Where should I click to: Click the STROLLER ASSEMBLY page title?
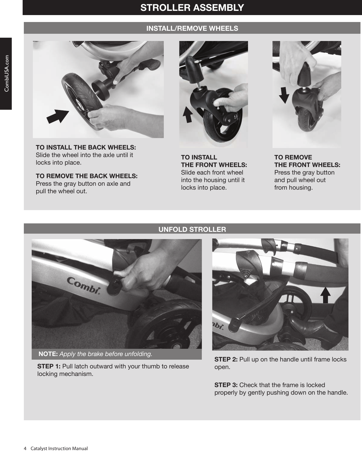tap(192, 8)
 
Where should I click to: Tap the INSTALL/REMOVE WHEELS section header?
tap(192, 28)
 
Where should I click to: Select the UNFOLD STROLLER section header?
tap(192, 229)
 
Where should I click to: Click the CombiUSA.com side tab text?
tap(6, 74)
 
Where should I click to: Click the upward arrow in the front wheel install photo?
tap(188, 115)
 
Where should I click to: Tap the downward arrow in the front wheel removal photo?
tap(284, 95)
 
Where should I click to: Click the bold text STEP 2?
tap(226, 359)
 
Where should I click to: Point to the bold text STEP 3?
tap(226, 385)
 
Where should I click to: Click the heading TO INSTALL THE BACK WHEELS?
tap(86, 147)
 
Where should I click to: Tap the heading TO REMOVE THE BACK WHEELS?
tap(87, 176)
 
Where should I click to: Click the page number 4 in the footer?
tap(25, 448)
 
